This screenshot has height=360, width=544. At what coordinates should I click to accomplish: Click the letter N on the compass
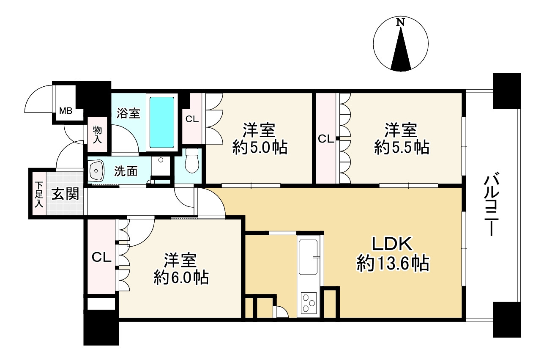click(400, 22)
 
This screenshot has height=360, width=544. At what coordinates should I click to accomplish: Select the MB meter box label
click(66, 111)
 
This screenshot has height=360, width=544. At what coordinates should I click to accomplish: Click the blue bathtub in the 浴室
click(162, 123)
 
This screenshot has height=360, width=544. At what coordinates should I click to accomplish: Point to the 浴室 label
click(128, 113)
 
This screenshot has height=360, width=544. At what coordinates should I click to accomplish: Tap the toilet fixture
click(191, 160)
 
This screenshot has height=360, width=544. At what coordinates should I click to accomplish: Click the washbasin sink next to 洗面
click(97, 170)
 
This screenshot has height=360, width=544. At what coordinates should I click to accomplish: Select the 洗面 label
click(126, 171)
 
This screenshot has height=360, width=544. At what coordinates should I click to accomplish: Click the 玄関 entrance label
click(66, 194)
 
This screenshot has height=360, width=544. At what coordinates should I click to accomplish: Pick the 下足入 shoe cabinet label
click(39, 195)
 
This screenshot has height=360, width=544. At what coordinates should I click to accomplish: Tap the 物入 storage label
click(97, 135)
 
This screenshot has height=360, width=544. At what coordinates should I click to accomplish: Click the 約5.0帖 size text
click(260, 147)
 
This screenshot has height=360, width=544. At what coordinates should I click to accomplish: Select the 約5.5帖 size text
click(402, 147)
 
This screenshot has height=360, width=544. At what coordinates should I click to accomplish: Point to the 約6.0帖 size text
click(181, 278)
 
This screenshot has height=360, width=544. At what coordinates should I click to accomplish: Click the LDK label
click(392, 244)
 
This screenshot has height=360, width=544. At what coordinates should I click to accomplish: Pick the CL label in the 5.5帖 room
click(326, 139)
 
